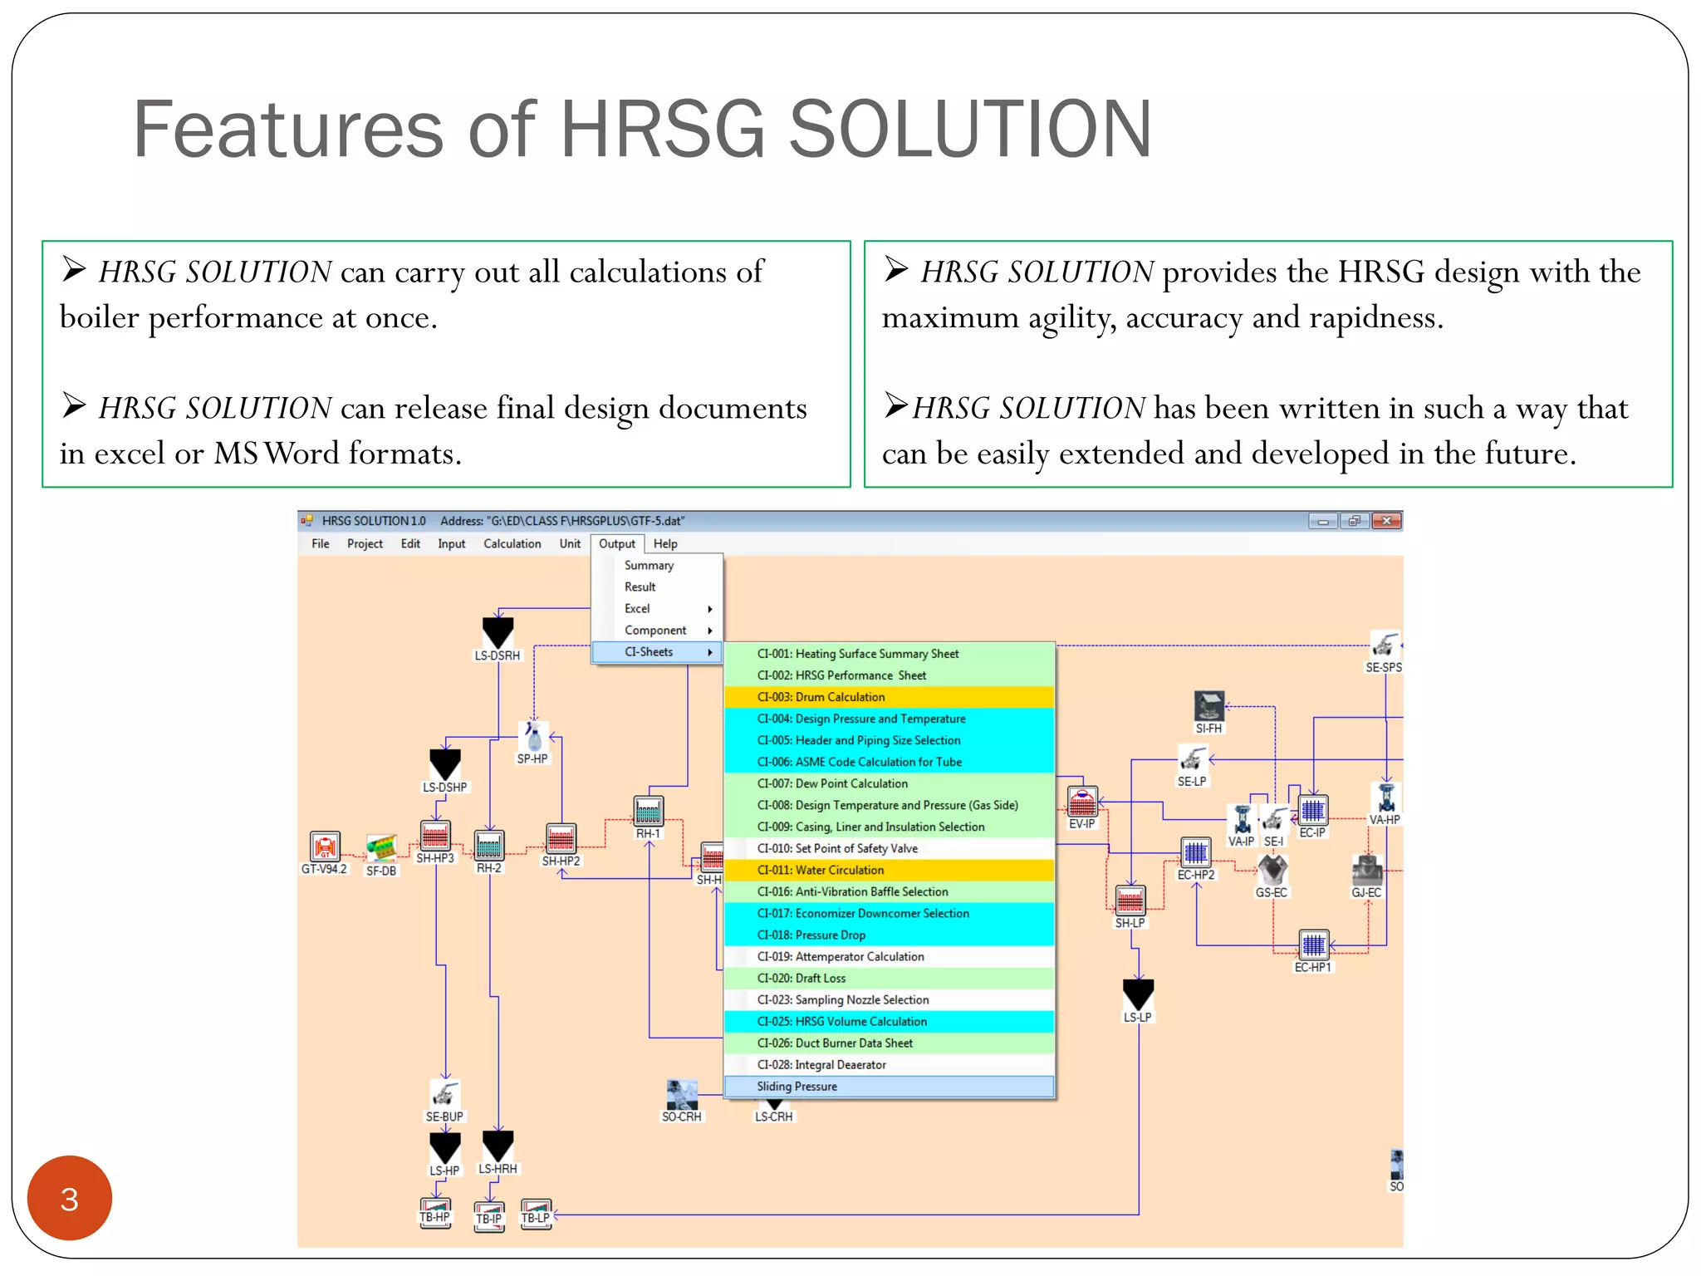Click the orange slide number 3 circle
(70, 1198)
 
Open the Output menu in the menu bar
(616, 544)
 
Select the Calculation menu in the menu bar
(512, 544)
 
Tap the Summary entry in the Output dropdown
(649, 566)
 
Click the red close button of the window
(1386, 521)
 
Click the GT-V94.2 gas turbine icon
(325, 847)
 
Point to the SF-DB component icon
(381, 848)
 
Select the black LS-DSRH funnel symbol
(498, 632)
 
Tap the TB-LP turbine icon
(536, 1213)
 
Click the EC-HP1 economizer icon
(1313, 945)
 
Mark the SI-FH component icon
(1208, 706)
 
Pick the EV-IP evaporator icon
(1082, 802)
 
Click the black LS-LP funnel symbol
(1138, 994)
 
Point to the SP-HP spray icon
(533, 737)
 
